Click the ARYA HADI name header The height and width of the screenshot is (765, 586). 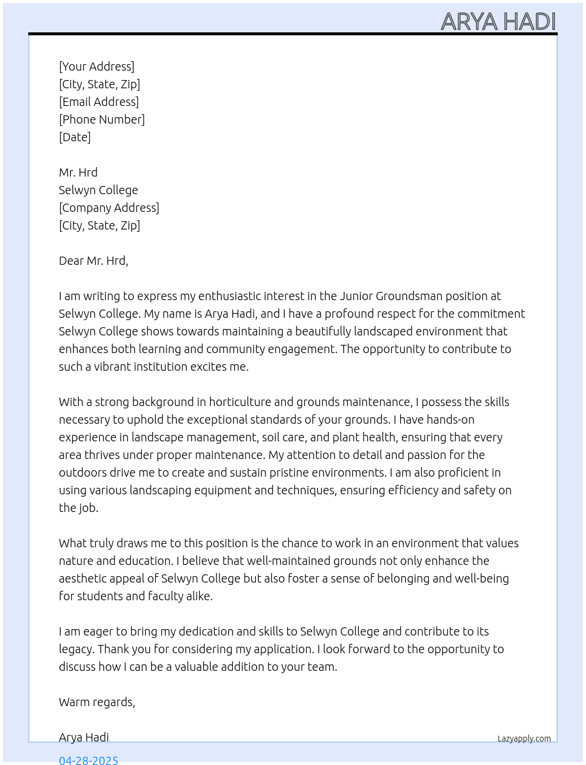tap(498, 22)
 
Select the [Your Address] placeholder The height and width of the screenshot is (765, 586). tap(96, 66)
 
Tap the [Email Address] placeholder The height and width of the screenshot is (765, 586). tap(99, 102)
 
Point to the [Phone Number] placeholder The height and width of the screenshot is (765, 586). tap(102, 119)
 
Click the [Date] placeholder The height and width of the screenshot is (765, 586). tap(75, 137)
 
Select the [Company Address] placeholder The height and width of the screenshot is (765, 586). tap(109, 208)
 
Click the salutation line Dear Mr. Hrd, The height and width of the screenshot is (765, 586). tap(94, 261)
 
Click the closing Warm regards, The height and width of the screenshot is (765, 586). tap(97, 702)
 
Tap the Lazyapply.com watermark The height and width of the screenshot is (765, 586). tap(524, 739)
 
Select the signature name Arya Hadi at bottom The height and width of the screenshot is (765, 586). tap(84, 737)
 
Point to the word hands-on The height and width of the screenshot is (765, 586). tap(451, 420)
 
